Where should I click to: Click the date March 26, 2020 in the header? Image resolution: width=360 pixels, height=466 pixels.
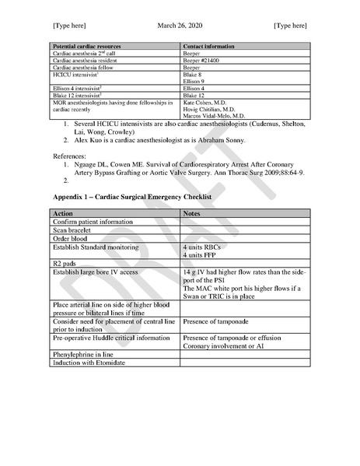(180, 26)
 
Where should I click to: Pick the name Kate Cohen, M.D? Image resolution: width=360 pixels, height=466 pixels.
(206, 103)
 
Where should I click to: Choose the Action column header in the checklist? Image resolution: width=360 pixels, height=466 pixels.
(63, 213)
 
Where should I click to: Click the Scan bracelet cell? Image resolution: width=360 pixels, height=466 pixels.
(75, 229)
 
